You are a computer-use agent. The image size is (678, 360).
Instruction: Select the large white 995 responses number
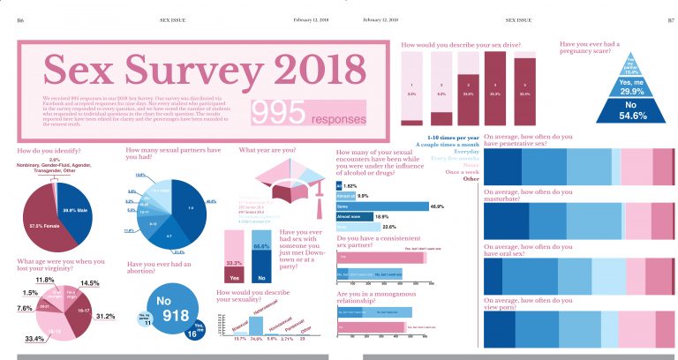point(277,111)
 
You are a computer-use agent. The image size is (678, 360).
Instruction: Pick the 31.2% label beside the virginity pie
point(107,316)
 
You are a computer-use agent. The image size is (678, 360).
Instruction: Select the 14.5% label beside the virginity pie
point(89,283)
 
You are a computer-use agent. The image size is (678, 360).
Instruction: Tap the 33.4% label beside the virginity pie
point(34,339)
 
